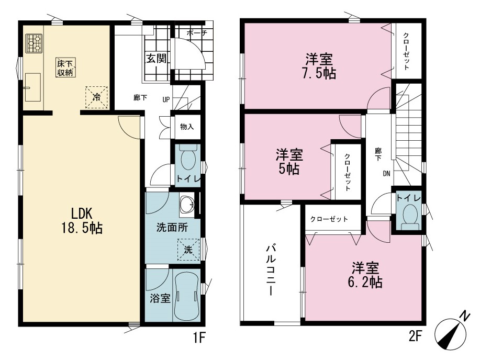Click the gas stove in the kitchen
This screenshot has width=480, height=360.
pos(34,44)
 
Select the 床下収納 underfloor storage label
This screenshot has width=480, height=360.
pos(65,67)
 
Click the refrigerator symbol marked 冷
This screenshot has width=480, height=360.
pos(97,97)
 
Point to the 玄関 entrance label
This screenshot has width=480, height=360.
pos(157,58)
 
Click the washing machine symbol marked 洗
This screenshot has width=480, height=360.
pos(188,250)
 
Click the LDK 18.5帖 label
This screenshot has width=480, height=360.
pos(82,220)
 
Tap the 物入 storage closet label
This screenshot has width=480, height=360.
pos(187,127)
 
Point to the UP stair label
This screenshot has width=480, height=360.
pos(166,99)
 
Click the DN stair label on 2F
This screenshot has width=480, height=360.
pos(387,174)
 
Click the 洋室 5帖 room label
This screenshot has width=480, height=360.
pos(289,162)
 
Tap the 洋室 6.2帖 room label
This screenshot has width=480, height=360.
pos(365,275)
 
